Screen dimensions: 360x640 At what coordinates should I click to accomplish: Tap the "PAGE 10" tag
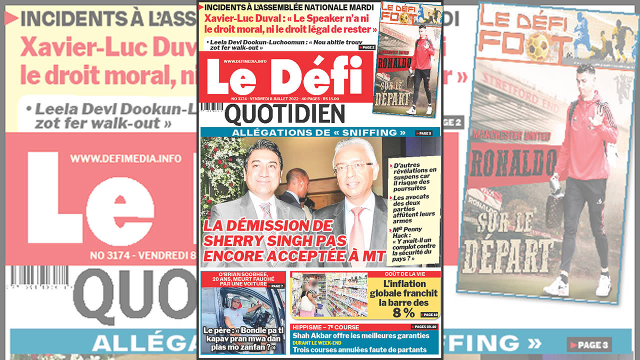click(429, 314)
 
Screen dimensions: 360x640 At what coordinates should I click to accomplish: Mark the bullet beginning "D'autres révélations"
click(414, 176)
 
